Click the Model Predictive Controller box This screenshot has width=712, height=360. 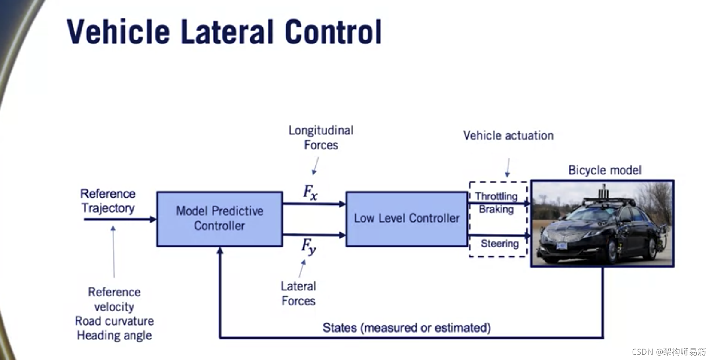pos(219,219)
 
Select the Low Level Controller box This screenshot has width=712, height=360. pos(406,219)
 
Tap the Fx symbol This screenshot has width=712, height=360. pos(310,192)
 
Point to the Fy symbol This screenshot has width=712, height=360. pos(308,247)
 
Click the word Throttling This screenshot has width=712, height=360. pos(496,196)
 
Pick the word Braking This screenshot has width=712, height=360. pos(496,209)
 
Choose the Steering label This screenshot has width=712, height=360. pos(499,244)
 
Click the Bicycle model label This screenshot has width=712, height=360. pos(605,170)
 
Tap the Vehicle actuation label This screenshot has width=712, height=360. pos(508,136)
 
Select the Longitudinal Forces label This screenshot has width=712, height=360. pos(321,137)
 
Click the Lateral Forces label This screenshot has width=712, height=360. pos(298,293)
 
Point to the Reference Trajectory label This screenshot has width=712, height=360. pos(108,201)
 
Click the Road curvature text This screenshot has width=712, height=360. pos(114,321)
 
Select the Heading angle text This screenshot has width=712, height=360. pos(114,336)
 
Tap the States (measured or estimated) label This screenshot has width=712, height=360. pos(406,328)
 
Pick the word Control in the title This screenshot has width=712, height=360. pos(333,32)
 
